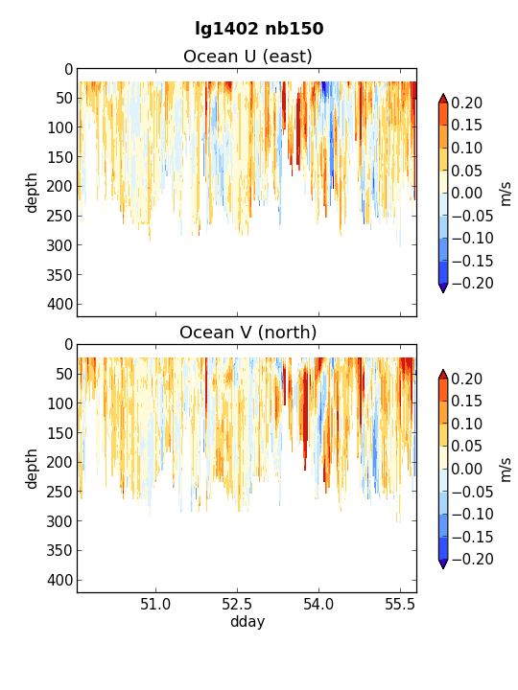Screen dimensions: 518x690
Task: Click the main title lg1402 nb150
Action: pos(259,29)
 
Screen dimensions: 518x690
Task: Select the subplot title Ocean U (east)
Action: pos(247,57)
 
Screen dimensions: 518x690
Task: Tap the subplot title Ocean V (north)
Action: pos(247,333)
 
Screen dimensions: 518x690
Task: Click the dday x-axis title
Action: pos(247,622)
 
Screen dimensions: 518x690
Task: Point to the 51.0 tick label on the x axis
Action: pos(155,604)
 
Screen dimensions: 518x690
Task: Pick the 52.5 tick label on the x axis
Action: pos(238,604)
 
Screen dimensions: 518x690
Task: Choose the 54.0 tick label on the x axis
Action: pos(318,604)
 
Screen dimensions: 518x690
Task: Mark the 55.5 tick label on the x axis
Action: pos(400,604)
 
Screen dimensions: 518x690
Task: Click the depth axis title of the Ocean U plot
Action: pos(32,193)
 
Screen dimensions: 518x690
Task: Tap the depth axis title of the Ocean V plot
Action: pos(32,469)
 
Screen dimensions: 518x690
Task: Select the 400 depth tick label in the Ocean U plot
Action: pos(59,304)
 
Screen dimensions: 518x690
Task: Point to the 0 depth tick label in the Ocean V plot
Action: pos(69,345)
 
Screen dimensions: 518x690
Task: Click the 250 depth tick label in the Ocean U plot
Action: pos(59,216)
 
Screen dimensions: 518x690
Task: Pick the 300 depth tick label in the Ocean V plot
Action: pos(59,521)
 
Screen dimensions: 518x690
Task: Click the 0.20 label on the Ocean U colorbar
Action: pos(467,103)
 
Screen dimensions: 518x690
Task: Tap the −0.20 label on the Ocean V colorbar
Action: pos(472,560)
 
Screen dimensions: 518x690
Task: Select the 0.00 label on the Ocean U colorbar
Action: pos(467,194)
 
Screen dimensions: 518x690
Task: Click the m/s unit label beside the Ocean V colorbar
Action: pos(506,470)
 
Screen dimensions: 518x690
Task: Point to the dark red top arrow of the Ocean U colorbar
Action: pos(443,99)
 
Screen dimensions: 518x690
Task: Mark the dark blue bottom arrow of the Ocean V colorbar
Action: pos(443,563)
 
